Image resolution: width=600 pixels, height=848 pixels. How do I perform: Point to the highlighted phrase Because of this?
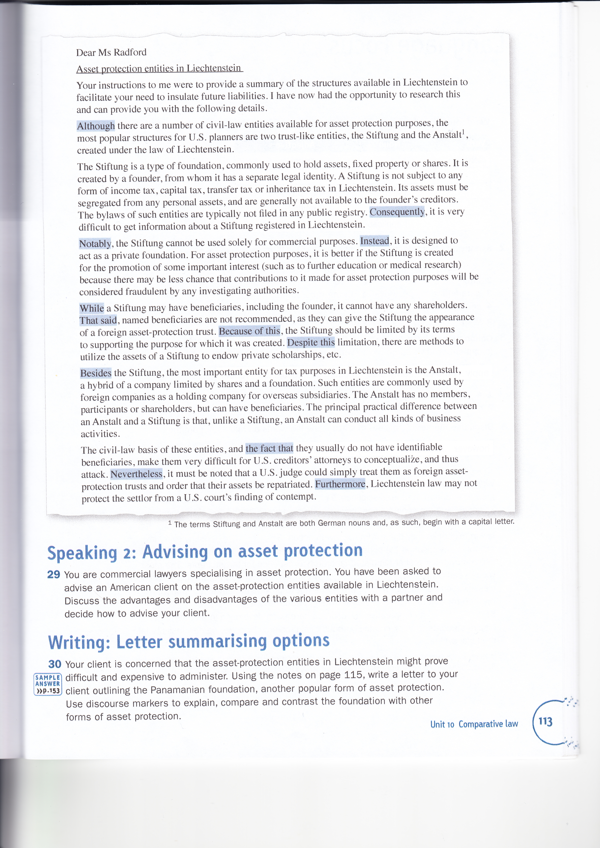(250, 331)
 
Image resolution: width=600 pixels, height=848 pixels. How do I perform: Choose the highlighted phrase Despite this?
(311, 342)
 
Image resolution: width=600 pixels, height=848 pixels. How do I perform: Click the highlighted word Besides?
(96, 373)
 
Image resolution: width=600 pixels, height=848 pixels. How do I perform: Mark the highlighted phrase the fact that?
(269, 448)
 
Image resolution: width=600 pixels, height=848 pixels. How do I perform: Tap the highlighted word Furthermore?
(340, 483)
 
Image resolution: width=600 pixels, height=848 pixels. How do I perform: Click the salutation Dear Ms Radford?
(111, 52)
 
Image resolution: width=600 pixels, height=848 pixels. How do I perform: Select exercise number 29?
(54, 574)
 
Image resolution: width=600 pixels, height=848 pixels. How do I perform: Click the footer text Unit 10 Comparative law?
(474, 724)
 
